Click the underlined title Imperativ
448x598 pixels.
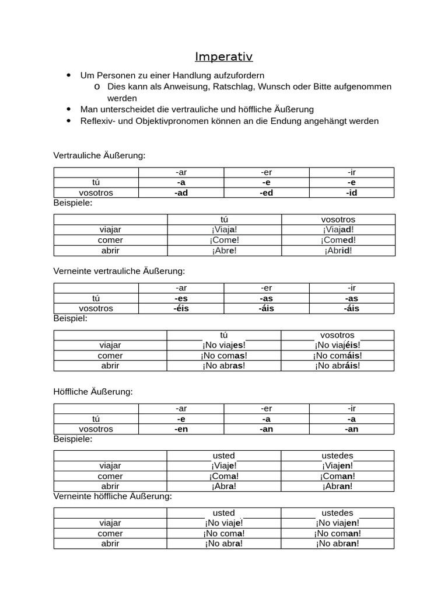coord(224,57)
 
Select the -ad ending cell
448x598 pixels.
coord(181,193)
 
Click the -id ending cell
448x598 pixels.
coord(351,193)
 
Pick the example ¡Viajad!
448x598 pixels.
coord(338,230)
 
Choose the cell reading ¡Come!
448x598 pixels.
coord(225,240)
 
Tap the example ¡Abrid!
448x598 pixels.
coord(338,251)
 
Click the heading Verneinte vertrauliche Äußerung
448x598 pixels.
coord(119,271)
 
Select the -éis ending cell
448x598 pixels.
coord(181,308)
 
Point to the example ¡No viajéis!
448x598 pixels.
coord(337,345)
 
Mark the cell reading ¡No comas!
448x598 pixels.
coord(224,356)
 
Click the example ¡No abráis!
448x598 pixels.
coord(337,366)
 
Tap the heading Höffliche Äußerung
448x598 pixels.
coord(93,391)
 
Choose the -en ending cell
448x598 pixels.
coord(181,429)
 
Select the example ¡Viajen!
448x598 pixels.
coord(337,465)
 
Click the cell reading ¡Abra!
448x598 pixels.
coord(224,486)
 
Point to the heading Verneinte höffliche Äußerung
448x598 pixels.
coord(113,496)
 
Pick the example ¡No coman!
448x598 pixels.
coord(337,533)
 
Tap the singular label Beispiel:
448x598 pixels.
coord(70,318)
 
